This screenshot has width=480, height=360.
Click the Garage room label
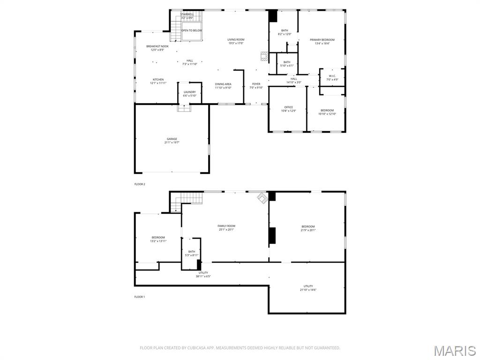[x=172, y=141]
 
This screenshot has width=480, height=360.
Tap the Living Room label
[x=236, y=42]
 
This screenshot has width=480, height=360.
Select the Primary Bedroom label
[x=322, y=42]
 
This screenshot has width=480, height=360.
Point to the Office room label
[x=288, y=109]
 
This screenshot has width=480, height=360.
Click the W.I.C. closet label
[x=332, y=78]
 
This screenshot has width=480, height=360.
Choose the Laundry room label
[x=189, y=94]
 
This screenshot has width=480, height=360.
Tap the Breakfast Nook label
[x=157, y=48]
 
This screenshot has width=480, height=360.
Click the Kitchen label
[x=158, y=81]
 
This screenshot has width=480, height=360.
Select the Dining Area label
[x=223, y=86]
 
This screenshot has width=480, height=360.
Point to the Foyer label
[x=256, y=86]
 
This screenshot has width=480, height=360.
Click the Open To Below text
[x=192, y=30]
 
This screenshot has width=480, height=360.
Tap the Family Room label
[x=226, y=228]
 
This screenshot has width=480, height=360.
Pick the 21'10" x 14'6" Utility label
[x=308, y=288]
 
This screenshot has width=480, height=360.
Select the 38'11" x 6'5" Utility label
[x=203, y=274]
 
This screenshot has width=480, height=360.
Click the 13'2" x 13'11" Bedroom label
[x=158, y=239]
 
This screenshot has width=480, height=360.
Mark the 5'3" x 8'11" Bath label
[x=191, y=253]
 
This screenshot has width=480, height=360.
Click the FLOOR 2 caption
[x=140, y=184]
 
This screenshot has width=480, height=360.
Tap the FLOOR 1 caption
[x=140, y=297]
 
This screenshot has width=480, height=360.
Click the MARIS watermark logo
[x=454, y=351]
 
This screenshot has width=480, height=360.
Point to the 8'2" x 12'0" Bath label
[x=285, y=32]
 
